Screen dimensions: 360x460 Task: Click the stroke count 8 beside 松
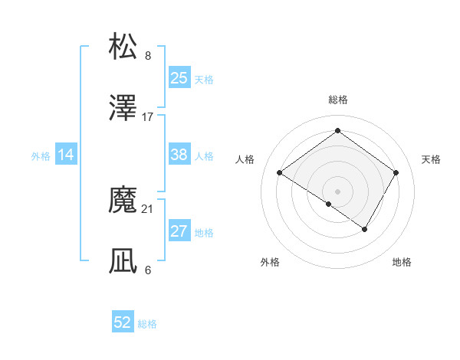click(148, 56)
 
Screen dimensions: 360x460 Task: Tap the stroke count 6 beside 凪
click(148, 270)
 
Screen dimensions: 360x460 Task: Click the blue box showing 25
click(179, 78)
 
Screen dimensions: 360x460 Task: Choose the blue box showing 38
click(179, 155)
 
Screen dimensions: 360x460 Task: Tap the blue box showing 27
click(179, 231)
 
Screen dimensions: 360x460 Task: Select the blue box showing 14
click(66, 155)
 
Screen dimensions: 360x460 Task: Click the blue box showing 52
click(123, 322)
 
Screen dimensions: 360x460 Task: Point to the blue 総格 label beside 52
click(147, 324)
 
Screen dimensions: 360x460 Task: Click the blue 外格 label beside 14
click(41, 156)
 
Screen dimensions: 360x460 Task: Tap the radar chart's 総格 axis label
click(338, 100)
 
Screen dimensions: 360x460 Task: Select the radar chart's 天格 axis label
click(432, 159)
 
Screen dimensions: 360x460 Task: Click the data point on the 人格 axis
click(280, 173)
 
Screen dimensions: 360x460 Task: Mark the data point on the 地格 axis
click(365, 229)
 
